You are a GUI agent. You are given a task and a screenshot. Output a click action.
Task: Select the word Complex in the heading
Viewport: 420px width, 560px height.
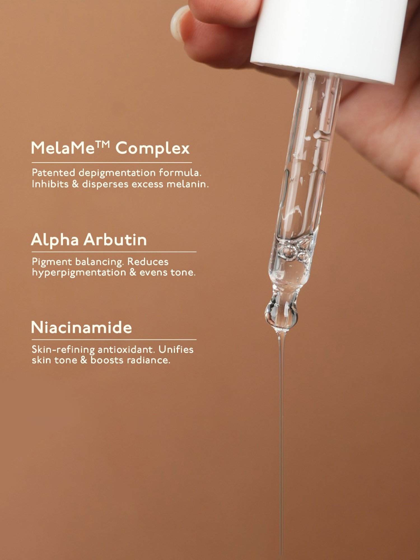[153, 148]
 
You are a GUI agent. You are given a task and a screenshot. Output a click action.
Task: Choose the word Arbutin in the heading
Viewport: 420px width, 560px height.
[115, 240]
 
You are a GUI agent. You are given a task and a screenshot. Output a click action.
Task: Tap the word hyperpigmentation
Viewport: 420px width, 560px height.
[79, 272]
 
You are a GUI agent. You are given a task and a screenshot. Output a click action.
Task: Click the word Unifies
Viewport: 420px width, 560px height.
[176, 350]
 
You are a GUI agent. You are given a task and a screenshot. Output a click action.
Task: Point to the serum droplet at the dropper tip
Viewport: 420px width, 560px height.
[281, 315]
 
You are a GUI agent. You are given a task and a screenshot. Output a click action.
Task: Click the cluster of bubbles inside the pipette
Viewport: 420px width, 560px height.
[294, 252]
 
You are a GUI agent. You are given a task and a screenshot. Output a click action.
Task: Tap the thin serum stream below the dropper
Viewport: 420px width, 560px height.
[281, 448]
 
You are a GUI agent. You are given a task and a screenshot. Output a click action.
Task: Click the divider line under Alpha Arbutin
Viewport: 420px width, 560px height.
[114, 252]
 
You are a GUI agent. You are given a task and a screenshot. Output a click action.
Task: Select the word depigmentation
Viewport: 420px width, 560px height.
[117, 173]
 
